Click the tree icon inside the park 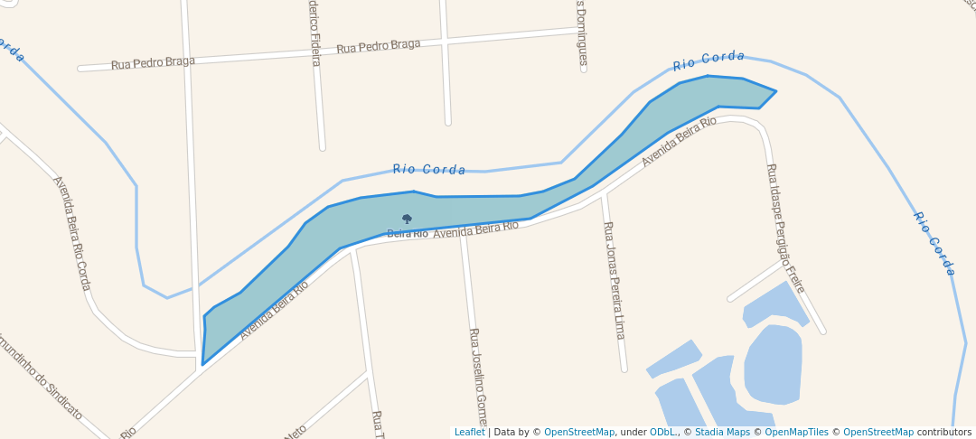(x=407, y=219)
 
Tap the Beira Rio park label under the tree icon (x=408, y=234)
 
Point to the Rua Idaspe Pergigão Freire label (x=785, y=228)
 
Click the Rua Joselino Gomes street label (x=477, y=376)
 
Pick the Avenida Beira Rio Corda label (x=72, y=233)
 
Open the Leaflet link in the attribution (x=469, y=433)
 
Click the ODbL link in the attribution (x=663, y=433)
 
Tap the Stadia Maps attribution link (x=722, y=433)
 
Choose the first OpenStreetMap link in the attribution (x=579, y=433)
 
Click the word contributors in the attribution (x=944, y=433)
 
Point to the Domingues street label (x=583, y=34)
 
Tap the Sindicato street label (x=41, y=379)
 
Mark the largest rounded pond (x=773, y=364)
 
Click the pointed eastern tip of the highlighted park (x=775, y=91)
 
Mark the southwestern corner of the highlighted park (x=202, y=364)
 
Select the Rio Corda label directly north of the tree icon (x=429, y=169)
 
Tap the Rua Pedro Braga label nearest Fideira (x=379, y=46)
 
